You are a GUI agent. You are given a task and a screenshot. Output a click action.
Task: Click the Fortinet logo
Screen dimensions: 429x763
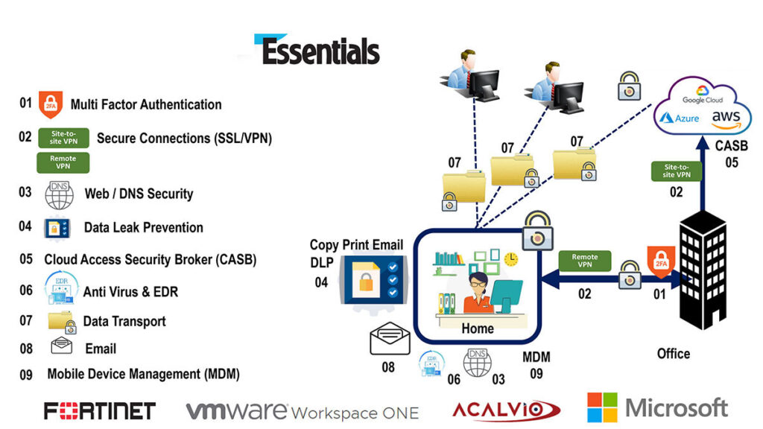point(99,410)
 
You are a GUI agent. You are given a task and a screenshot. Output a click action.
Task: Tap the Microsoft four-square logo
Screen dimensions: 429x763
point(602,407)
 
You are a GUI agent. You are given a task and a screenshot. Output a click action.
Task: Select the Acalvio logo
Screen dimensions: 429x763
point(506,410)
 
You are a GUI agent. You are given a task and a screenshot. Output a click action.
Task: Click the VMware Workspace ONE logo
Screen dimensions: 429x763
point(302,411)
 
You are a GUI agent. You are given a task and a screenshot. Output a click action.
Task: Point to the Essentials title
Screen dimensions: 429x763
point(320,51)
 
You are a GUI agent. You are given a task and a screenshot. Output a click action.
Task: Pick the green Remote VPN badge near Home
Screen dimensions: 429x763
point(585,261)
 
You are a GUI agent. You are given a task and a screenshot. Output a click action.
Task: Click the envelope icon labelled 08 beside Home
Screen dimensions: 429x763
point(390,340)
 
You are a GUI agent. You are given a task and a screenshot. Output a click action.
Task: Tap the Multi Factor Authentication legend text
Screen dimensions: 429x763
point(146,104)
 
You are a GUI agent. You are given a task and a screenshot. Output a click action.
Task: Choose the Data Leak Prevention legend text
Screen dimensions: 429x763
point(143,227)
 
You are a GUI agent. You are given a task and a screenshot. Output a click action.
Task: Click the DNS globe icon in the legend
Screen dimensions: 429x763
point(60,194)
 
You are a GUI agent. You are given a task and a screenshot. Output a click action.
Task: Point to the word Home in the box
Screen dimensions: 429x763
point(478,328)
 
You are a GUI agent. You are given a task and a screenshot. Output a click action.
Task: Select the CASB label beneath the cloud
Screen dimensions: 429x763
point(731,146)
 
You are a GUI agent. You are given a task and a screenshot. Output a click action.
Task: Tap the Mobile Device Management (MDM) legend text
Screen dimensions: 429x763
point(143,374)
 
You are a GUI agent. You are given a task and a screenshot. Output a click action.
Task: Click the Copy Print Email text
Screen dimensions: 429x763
point(356,245)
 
